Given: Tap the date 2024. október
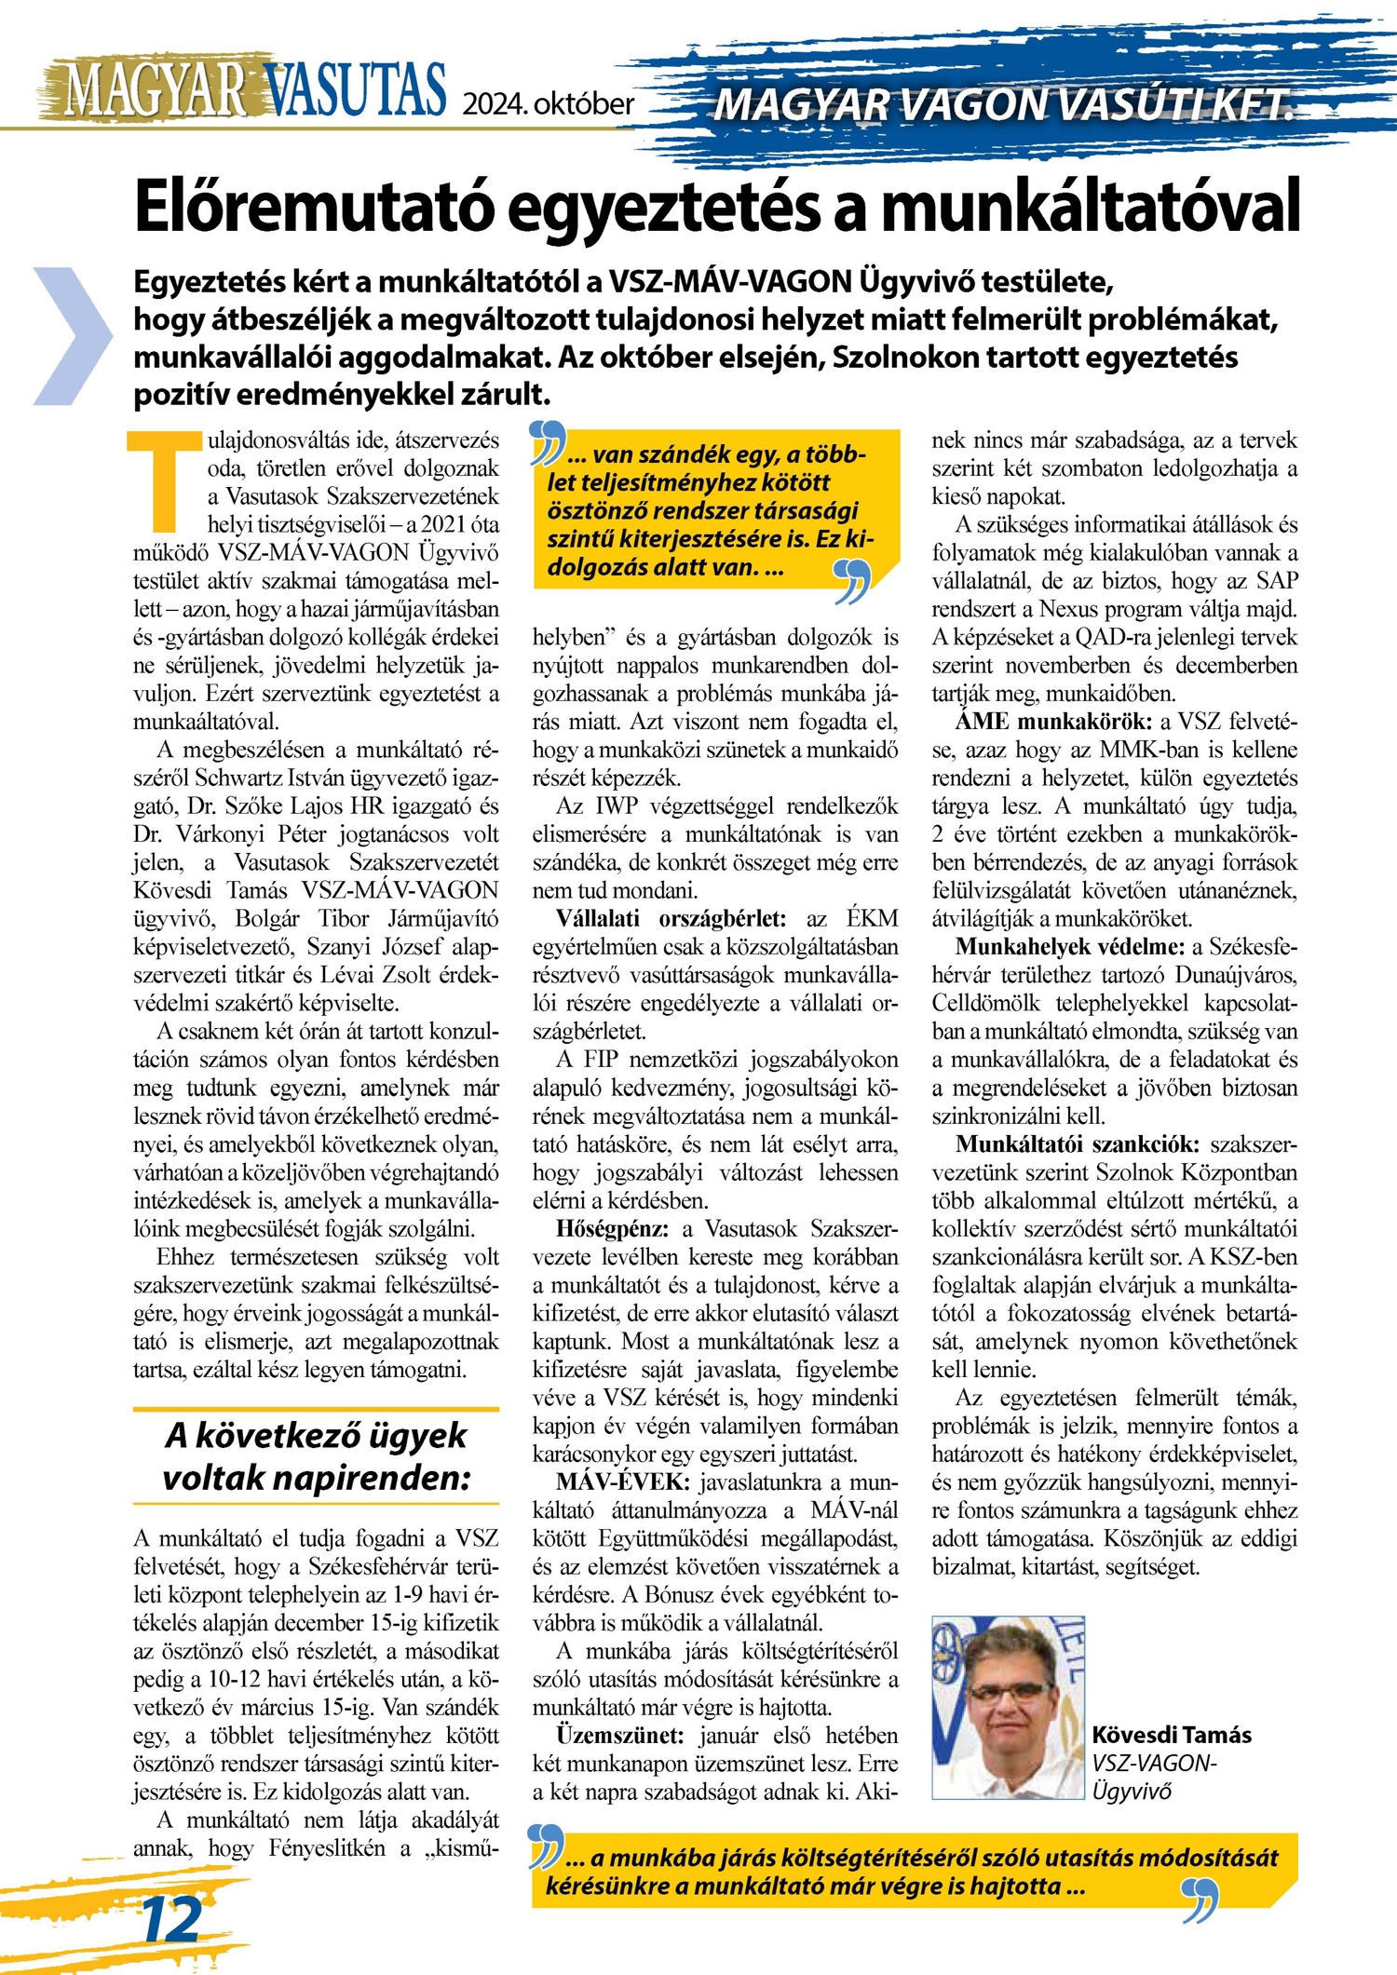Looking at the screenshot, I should (549, 103).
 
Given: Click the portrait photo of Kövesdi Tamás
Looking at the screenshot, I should (1009, 1706).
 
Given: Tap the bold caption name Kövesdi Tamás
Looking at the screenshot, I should (1172, 1735).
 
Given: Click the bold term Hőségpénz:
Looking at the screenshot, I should (613, 1229).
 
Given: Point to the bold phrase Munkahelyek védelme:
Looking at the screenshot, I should (1070, 947).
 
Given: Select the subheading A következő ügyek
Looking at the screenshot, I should (316, 1436).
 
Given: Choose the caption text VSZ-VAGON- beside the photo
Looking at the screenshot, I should (1155, 1763).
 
